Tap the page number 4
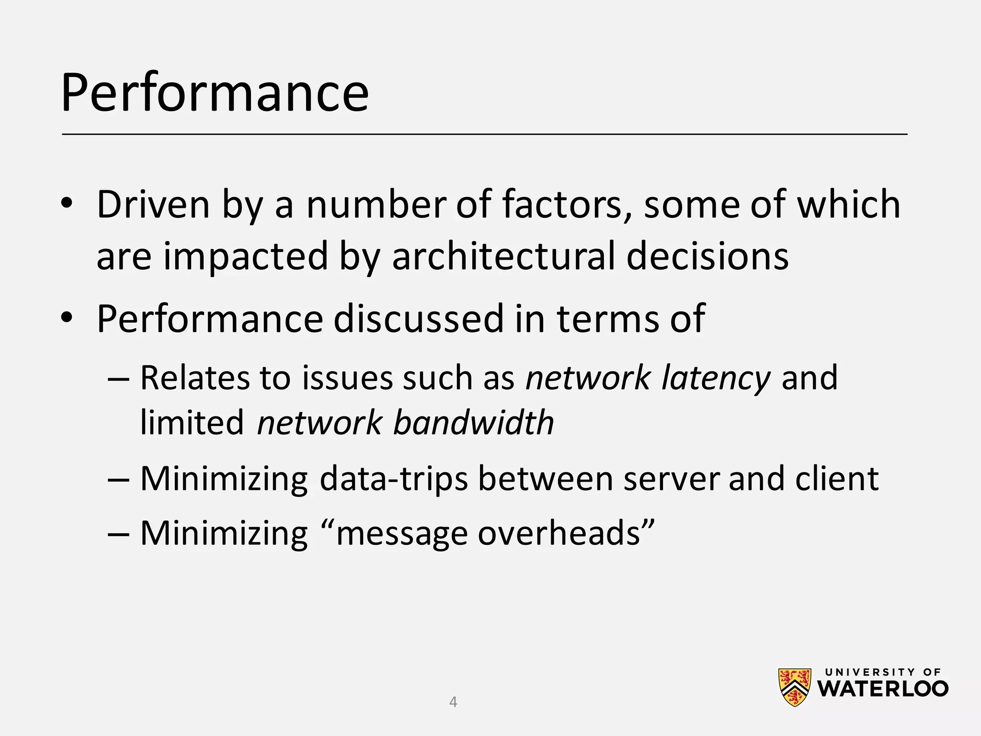[x=453, y=702]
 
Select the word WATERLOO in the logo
[x=883, y=689]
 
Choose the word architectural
[x=503, y=256]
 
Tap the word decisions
[x=707, y=256]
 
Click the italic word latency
[x=716, y=378]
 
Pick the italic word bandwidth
[x=473, y=423]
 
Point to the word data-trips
[x=393, y=479]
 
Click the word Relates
[x=195, y=378]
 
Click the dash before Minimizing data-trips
[x=119, y=480]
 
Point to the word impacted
[x=245, y=256]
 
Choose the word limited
[x=192, y=423]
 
